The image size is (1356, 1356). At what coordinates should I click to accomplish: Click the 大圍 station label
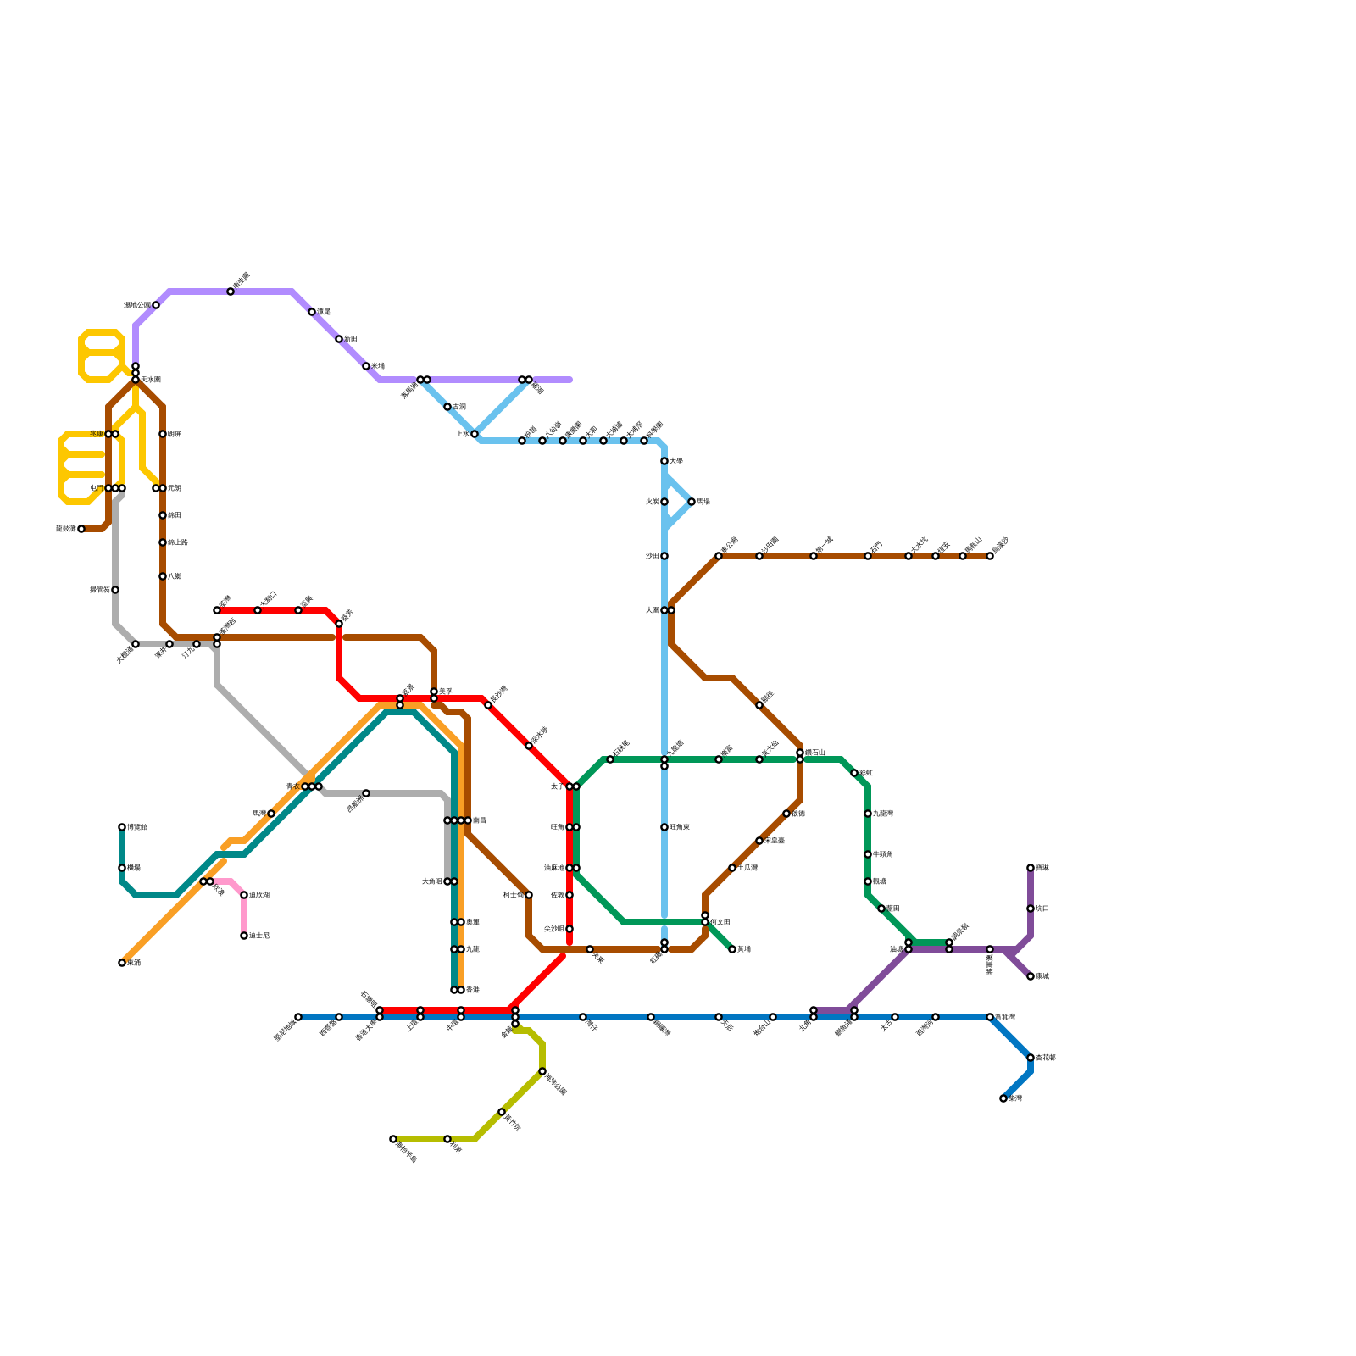[x=652, y=610]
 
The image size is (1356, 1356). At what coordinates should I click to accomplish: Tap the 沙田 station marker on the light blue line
[x=664, y=556]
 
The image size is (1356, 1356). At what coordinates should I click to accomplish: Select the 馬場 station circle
[x=692, y=502]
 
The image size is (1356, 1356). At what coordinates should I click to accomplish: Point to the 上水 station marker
[x=475, y=434]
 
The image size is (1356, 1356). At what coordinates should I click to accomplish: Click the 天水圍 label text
[x=151, y=380]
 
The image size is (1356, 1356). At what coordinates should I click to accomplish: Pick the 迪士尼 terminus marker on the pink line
[x=244, y=936]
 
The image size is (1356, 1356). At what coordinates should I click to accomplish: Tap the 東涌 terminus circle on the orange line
[x=122, y=963]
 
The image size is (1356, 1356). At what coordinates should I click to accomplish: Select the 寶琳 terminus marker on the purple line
[x=1031, y=868]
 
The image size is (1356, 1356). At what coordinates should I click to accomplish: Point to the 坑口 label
[x=1042, y=909]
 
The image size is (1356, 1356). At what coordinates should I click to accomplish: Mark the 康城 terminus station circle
[x=1031, y=976]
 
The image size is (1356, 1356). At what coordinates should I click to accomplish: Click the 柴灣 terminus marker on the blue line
[x=1003, y=1098]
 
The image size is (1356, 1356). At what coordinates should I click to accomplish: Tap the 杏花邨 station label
[x=1046, y=1058]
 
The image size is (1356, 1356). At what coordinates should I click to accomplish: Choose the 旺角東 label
[x=680, y=827]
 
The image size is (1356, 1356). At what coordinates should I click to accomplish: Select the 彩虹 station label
[x=866, y=773]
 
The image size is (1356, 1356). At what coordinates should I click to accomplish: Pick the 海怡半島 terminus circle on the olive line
[x=393, y=1139]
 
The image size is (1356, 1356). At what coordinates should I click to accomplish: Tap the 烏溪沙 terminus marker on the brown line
[x=990, y=556]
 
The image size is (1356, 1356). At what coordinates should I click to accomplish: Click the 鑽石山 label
[x=815, y=752]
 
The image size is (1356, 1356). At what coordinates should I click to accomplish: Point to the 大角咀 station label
[x=432, y=881]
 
